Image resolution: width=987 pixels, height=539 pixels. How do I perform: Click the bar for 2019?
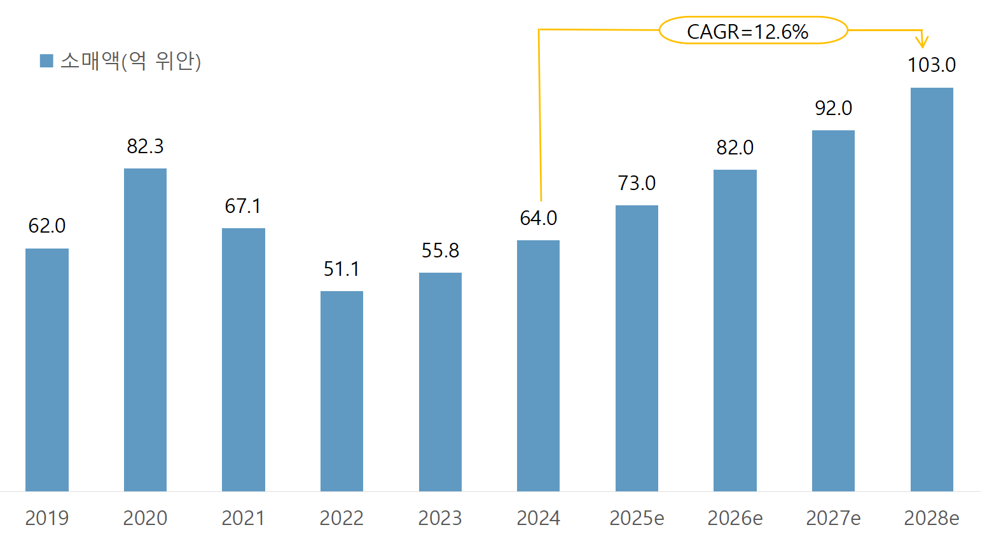[47, 370]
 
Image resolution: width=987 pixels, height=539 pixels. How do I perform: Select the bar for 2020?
[145, 330]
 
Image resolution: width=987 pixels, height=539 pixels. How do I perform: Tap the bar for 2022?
[342, 391]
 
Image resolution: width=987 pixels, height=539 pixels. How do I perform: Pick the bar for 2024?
[538, 365]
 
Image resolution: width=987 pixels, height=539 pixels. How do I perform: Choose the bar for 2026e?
[735, 331]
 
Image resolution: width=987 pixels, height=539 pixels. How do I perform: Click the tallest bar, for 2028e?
[932, 289]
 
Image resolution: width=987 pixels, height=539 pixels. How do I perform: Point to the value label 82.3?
[145, 147]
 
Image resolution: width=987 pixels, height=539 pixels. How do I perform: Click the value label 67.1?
[243, 206]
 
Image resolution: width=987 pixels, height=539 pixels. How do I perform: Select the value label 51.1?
[342, 269]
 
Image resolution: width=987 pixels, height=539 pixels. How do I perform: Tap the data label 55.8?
[440, 251]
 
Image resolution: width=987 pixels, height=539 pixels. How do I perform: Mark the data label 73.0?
[637, 184]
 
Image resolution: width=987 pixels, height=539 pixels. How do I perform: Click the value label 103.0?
[932, 65]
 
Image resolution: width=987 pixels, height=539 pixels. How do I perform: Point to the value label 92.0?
[833, 109]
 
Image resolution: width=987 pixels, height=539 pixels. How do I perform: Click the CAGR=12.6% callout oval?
[753, 31]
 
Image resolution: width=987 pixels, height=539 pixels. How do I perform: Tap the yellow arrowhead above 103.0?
[921, 42]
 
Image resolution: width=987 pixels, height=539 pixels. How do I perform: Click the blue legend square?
[46, 61]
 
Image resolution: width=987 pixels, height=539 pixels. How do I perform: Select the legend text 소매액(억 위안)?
[130, 61]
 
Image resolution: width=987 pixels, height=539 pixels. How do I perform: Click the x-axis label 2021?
[243, 518]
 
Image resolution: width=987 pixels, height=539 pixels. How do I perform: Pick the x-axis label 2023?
[440, 518]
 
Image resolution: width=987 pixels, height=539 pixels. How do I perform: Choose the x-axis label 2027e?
[833, 518]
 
